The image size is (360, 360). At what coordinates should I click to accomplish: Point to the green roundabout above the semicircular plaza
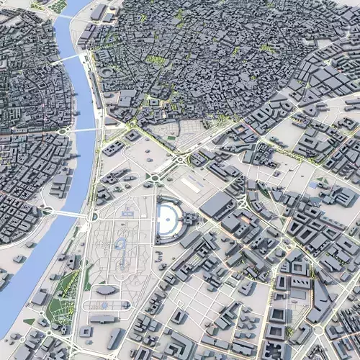(153, 178)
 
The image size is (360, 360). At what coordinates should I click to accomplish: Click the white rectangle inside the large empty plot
(192, 184)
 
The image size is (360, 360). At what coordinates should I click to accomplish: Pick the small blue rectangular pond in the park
(129, 212)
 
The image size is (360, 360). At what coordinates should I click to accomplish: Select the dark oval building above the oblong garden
(107, 289)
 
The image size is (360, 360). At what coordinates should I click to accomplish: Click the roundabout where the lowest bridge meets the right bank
(92, 216)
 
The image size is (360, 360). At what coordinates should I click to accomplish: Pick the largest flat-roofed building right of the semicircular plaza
(216, 205)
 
